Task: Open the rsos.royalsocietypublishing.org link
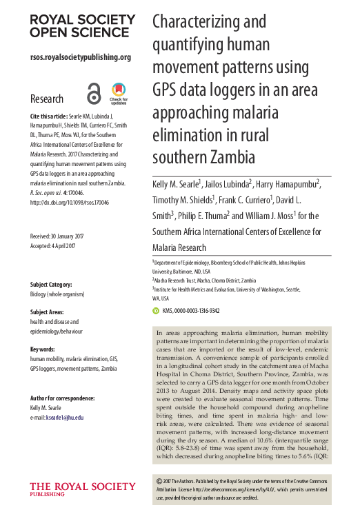tap(81, 57)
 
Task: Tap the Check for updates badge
tap(119, 94)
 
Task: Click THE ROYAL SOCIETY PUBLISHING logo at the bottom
tap(66, 489)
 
